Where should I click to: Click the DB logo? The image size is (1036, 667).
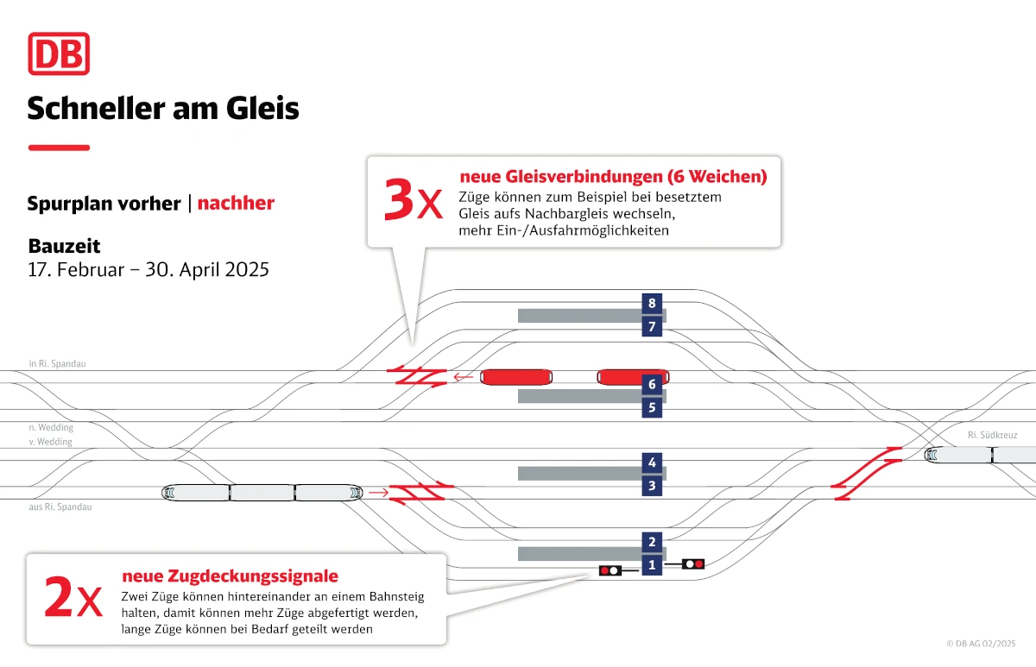click(x=59, y=53)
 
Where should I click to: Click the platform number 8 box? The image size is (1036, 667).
click(x=653, y=303)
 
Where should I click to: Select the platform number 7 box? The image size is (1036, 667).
click(x=653, y=327)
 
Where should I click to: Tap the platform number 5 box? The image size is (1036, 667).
click(x=653, y=407)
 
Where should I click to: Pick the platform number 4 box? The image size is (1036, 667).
click(x=653, y=462)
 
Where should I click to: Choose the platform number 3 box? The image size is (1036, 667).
click(x=653, y=487)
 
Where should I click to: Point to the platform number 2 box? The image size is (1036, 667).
click(x=653, y=542)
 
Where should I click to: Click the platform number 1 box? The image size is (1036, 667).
click(x=653, y=566)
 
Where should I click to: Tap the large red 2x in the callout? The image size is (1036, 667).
click(x=73, y=600)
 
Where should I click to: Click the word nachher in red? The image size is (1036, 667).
click(x=236, y=204)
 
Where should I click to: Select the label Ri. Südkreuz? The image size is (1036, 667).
click(x=992, y=436)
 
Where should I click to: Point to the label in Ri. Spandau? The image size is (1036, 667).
click(x=57, y=364)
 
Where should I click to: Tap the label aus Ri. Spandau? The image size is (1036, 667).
click(x=60, y=507)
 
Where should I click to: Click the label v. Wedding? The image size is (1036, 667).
click(x=51, y=442)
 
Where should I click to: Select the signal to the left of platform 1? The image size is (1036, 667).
click(x=610, y=570)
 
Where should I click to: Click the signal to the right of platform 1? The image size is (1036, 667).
click(x=692, y=564)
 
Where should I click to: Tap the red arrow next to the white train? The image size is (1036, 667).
click(x=377, y=493)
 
